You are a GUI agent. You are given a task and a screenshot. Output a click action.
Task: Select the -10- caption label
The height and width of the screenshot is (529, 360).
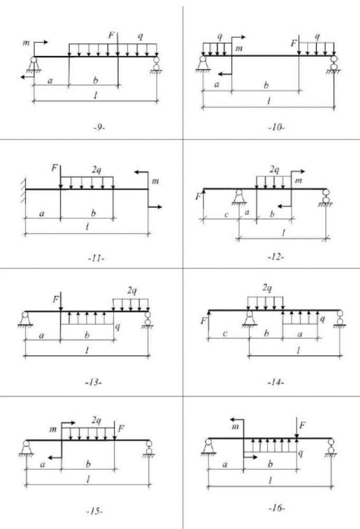[275, 127]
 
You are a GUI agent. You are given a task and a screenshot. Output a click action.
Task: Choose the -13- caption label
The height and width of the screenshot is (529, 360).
[94, 382]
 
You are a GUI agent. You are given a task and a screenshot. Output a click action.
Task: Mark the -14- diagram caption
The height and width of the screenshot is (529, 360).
[276, 382]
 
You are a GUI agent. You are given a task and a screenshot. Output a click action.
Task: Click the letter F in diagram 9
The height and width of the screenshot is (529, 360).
[111, 35]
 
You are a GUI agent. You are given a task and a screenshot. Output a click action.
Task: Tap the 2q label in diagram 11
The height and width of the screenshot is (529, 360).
[97, 170]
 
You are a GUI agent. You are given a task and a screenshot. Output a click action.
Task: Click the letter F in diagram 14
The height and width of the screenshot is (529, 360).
[204, 321]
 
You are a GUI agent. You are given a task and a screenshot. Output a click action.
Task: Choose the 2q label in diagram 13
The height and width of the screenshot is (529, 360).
[131, 290]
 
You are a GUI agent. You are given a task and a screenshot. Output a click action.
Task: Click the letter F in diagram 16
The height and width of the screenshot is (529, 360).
[302, 424]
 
